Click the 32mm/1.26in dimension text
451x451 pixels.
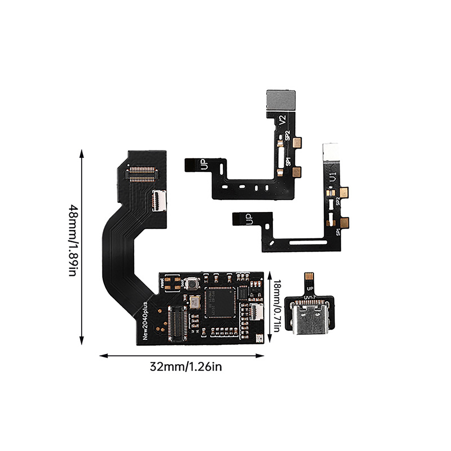click(186, 367)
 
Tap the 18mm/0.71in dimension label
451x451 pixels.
click(277, 306)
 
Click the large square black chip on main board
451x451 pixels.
click(220, 302)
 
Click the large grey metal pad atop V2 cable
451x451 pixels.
click(281, 100)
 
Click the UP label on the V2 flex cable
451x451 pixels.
click(205, 164)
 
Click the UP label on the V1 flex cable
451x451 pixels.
click(249, 219)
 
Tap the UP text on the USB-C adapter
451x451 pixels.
click(310, 289)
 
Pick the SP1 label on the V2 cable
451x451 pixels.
click(288, 162)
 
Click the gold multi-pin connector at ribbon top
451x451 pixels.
click(142, 174)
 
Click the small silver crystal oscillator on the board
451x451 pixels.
click(195, 302)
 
